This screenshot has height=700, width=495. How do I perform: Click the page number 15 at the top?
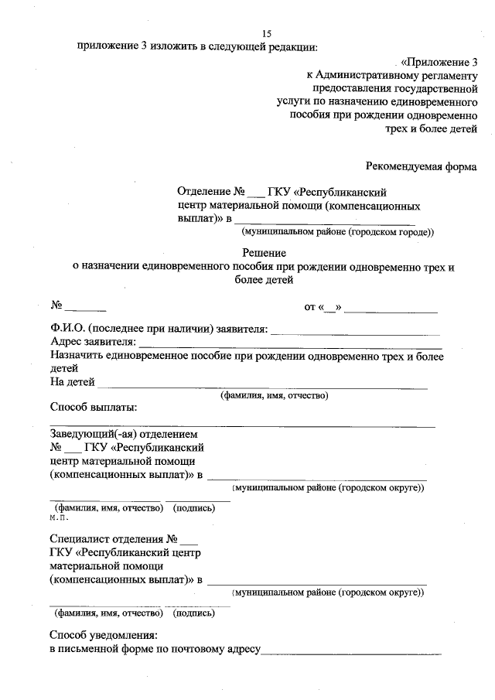(267, 33)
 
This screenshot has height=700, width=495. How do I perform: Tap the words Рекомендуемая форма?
(422, 165)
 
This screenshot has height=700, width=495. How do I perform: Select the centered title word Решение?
(265, 252)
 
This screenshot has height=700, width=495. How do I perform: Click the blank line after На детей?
(263, 384)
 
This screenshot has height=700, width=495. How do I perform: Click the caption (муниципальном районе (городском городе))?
(338, 231)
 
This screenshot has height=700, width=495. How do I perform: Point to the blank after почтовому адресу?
(351, 652)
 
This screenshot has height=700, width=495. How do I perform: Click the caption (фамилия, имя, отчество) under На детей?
(275, 395)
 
